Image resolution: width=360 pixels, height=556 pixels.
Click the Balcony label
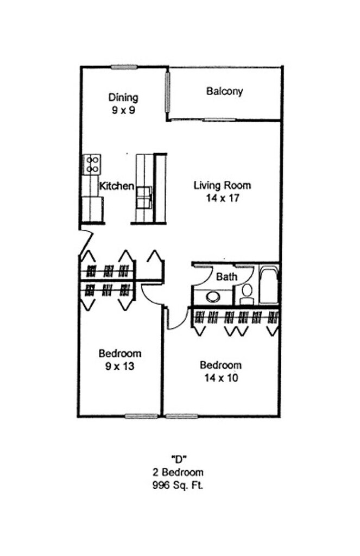pyautogui.click(x=224, y=91)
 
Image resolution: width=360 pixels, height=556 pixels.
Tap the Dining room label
pyautogui.click(x=123, y=98)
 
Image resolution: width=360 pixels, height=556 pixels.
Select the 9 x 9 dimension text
pyautogui.click(x=123, y=110)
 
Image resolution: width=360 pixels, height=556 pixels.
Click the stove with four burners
pyautogui.click(x=91, y=163)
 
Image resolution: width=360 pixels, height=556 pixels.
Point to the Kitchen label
pyautogui.click(x=116, y=186)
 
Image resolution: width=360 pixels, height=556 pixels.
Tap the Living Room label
pyautogui.click(x=222, y=186)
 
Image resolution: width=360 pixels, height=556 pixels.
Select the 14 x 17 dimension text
pyautogui.click(x=223, y=198)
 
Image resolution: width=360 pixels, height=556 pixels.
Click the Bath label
pyautogui.click(x=226, y=277)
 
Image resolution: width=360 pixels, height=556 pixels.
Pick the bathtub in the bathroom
pyautogui.click(x=269, y=286)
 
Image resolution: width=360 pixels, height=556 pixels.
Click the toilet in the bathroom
pyautogui.click(x=247, y=293)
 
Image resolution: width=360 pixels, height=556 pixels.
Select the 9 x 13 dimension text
pyautogui.click(x=119, y=366)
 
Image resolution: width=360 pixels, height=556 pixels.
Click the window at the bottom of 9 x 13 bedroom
pyautogui.click(x=141, y=416)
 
